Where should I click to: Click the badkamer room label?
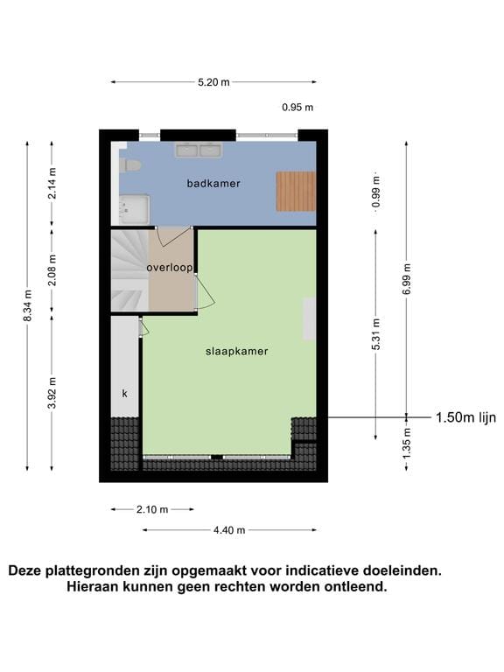pyautogui.click(x=213, y=184)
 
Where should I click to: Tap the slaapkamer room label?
pyautogui.click(x=236, y=351)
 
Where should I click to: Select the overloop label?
pyautogui.click(x=169, y=268)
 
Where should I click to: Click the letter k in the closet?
pyautogui.click(x=124, y=394)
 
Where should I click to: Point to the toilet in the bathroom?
pyautogui.click(x=130, y=164)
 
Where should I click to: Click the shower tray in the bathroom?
pyautogui.click(x=135, y=209)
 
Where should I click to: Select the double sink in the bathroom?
pyautogui.click(x=198, y=150)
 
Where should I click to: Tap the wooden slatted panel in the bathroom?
pyautogui.click(x=296, y=191)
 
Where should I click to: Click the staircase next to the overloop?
pyautogui.click(x=129, y=269)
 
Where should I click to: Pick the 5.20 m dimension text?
pyautogui.click(x=213, y=82)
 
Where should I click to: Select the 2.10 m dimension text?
pyautogui.click(x=152, y=509)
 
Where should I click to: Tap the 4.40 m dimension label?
pyautogui.click(x=229, y=529)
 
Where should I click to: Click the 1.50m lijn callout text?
pyautogui.click(x=465, y=417)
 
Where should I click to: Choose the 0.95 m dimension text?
pyautogui.click(x=297, y=108)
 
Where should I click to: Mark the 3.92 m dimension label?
pyautogui.click(x=52, y=393)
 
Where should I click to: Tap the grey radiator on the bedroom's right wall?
pyautogui.click(x=309, y=318)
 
